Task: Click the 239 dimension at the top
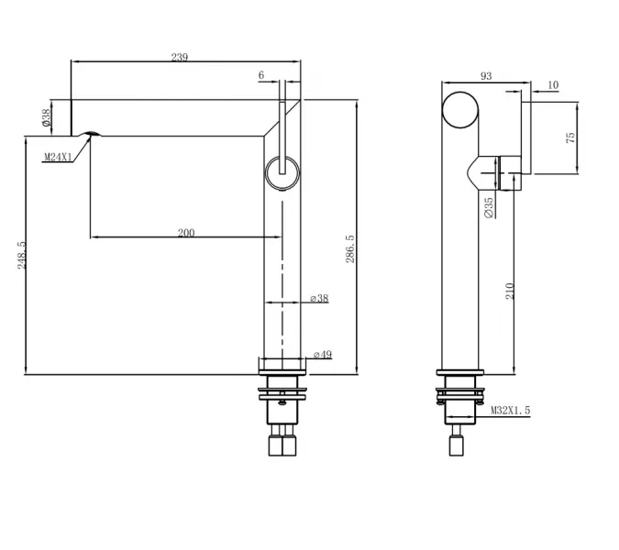(x=180, y=58)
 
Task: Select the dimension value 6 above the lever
(x=261, y=75)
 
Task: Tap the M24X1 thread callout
(x=59, y=158)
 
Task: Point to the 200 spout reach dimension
(x=186, y=233)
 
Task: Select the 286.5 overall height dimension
(x=350, y=248)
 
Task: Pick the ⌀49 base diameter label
(x=322, y=355)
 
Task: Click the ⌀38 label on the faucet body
(x=319, y=299)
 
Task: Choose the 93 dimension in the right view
(x=485, y=77)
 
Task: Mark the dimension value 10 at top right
(x=552, y=85)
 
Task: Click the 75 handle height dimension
(x=570, y=137)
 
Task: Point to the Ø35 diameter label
(x=489, y=207)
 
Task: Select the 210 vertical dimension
(x=511, y=291)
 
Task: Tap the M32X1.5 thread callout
(x=510, y=411)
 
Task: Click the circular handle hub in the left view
(x=282, y=172)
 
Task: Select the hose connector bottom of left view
(x=282, y=445)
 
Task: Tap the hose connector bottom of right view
(x=459, y=445)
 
